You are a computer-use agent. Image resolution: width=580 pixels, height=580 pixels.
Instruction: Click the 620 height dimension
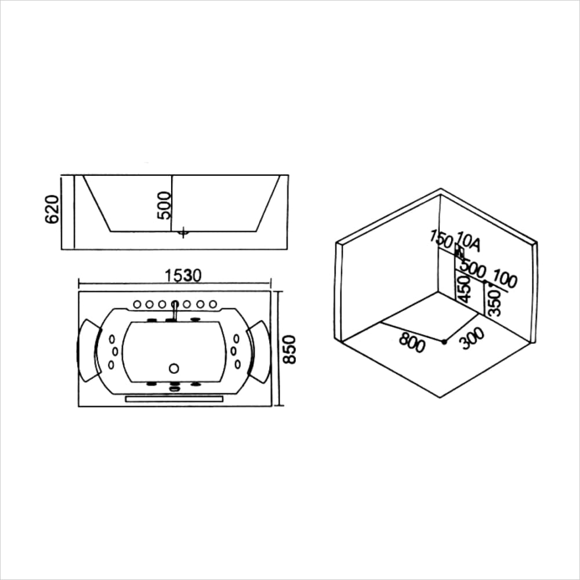click(x=52, y=209)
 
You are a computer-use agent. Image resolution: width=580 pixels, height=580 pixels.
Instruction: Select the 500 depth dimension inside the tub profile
click(x=165, y=205)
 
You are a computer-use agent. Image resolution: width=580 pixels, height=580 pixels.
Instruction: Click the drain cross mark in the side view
click(x=183, y=233)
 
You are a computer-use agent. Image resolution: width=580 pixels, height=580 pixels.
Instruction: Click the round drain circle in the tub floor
click(x=173, y=368)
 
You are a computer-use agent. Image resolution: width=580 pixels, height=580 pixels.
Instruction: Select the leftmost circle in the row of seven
click(x=137, y=304)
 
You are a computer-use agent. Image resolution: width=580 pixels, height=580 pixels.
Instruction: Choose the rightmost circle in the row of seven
click(x=213, y=304)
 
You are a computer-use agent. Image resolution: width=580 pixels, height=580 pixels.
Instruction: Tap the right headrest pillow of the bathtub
click(x=259, y=351)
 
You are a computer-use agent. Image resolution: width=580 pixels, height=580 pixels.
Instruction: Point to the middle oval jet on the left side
click(x=115, y=351)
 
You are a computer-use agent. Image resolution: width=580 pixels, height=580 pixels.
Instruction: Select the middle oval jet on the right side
click(x=233, y=350)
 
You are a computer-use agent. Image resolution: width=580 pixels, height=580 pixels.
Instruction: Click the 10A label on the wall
click(x=468, y=242)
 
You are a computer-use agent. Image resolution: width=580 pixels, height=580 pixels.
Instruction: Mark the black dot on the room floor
click(x=444, y=342)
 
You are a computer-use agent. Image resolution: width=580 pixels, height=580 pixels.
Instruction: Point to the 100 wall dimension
click(x=505, y=281)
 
